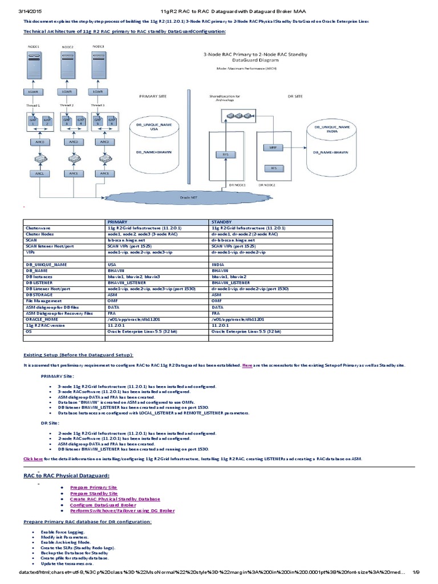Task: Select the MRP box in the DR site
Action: pyautogui.click(x=273, y=147)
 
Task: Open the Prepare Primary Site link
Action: pyautogui.click(x=94, y=488)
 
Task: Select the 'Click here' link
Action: pyautogui.click(x=33, y=458)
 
